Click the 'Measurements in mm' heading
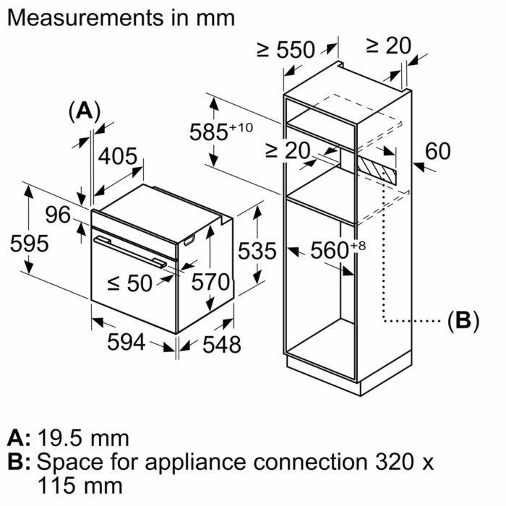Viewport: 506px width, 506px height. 121,18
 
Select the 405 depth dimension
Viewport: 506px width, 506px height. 117,155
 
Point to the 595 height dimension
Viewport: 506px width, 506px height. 29,244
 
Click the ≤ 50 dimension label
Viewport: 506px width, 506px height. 130,283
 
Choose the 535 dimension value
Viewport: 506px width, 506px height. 257,251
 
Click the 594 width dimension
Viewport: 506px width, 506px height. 126,343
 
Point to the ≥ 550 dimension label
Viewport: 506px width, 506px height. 286,50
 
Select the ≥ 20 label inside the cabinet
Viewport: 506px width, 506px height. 287,150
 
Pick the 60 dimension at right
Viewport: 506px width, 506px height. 437,151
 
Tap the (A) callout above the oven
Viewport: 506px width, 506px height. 84,111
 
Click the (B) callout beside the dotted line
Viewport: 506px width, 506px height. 463,320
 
